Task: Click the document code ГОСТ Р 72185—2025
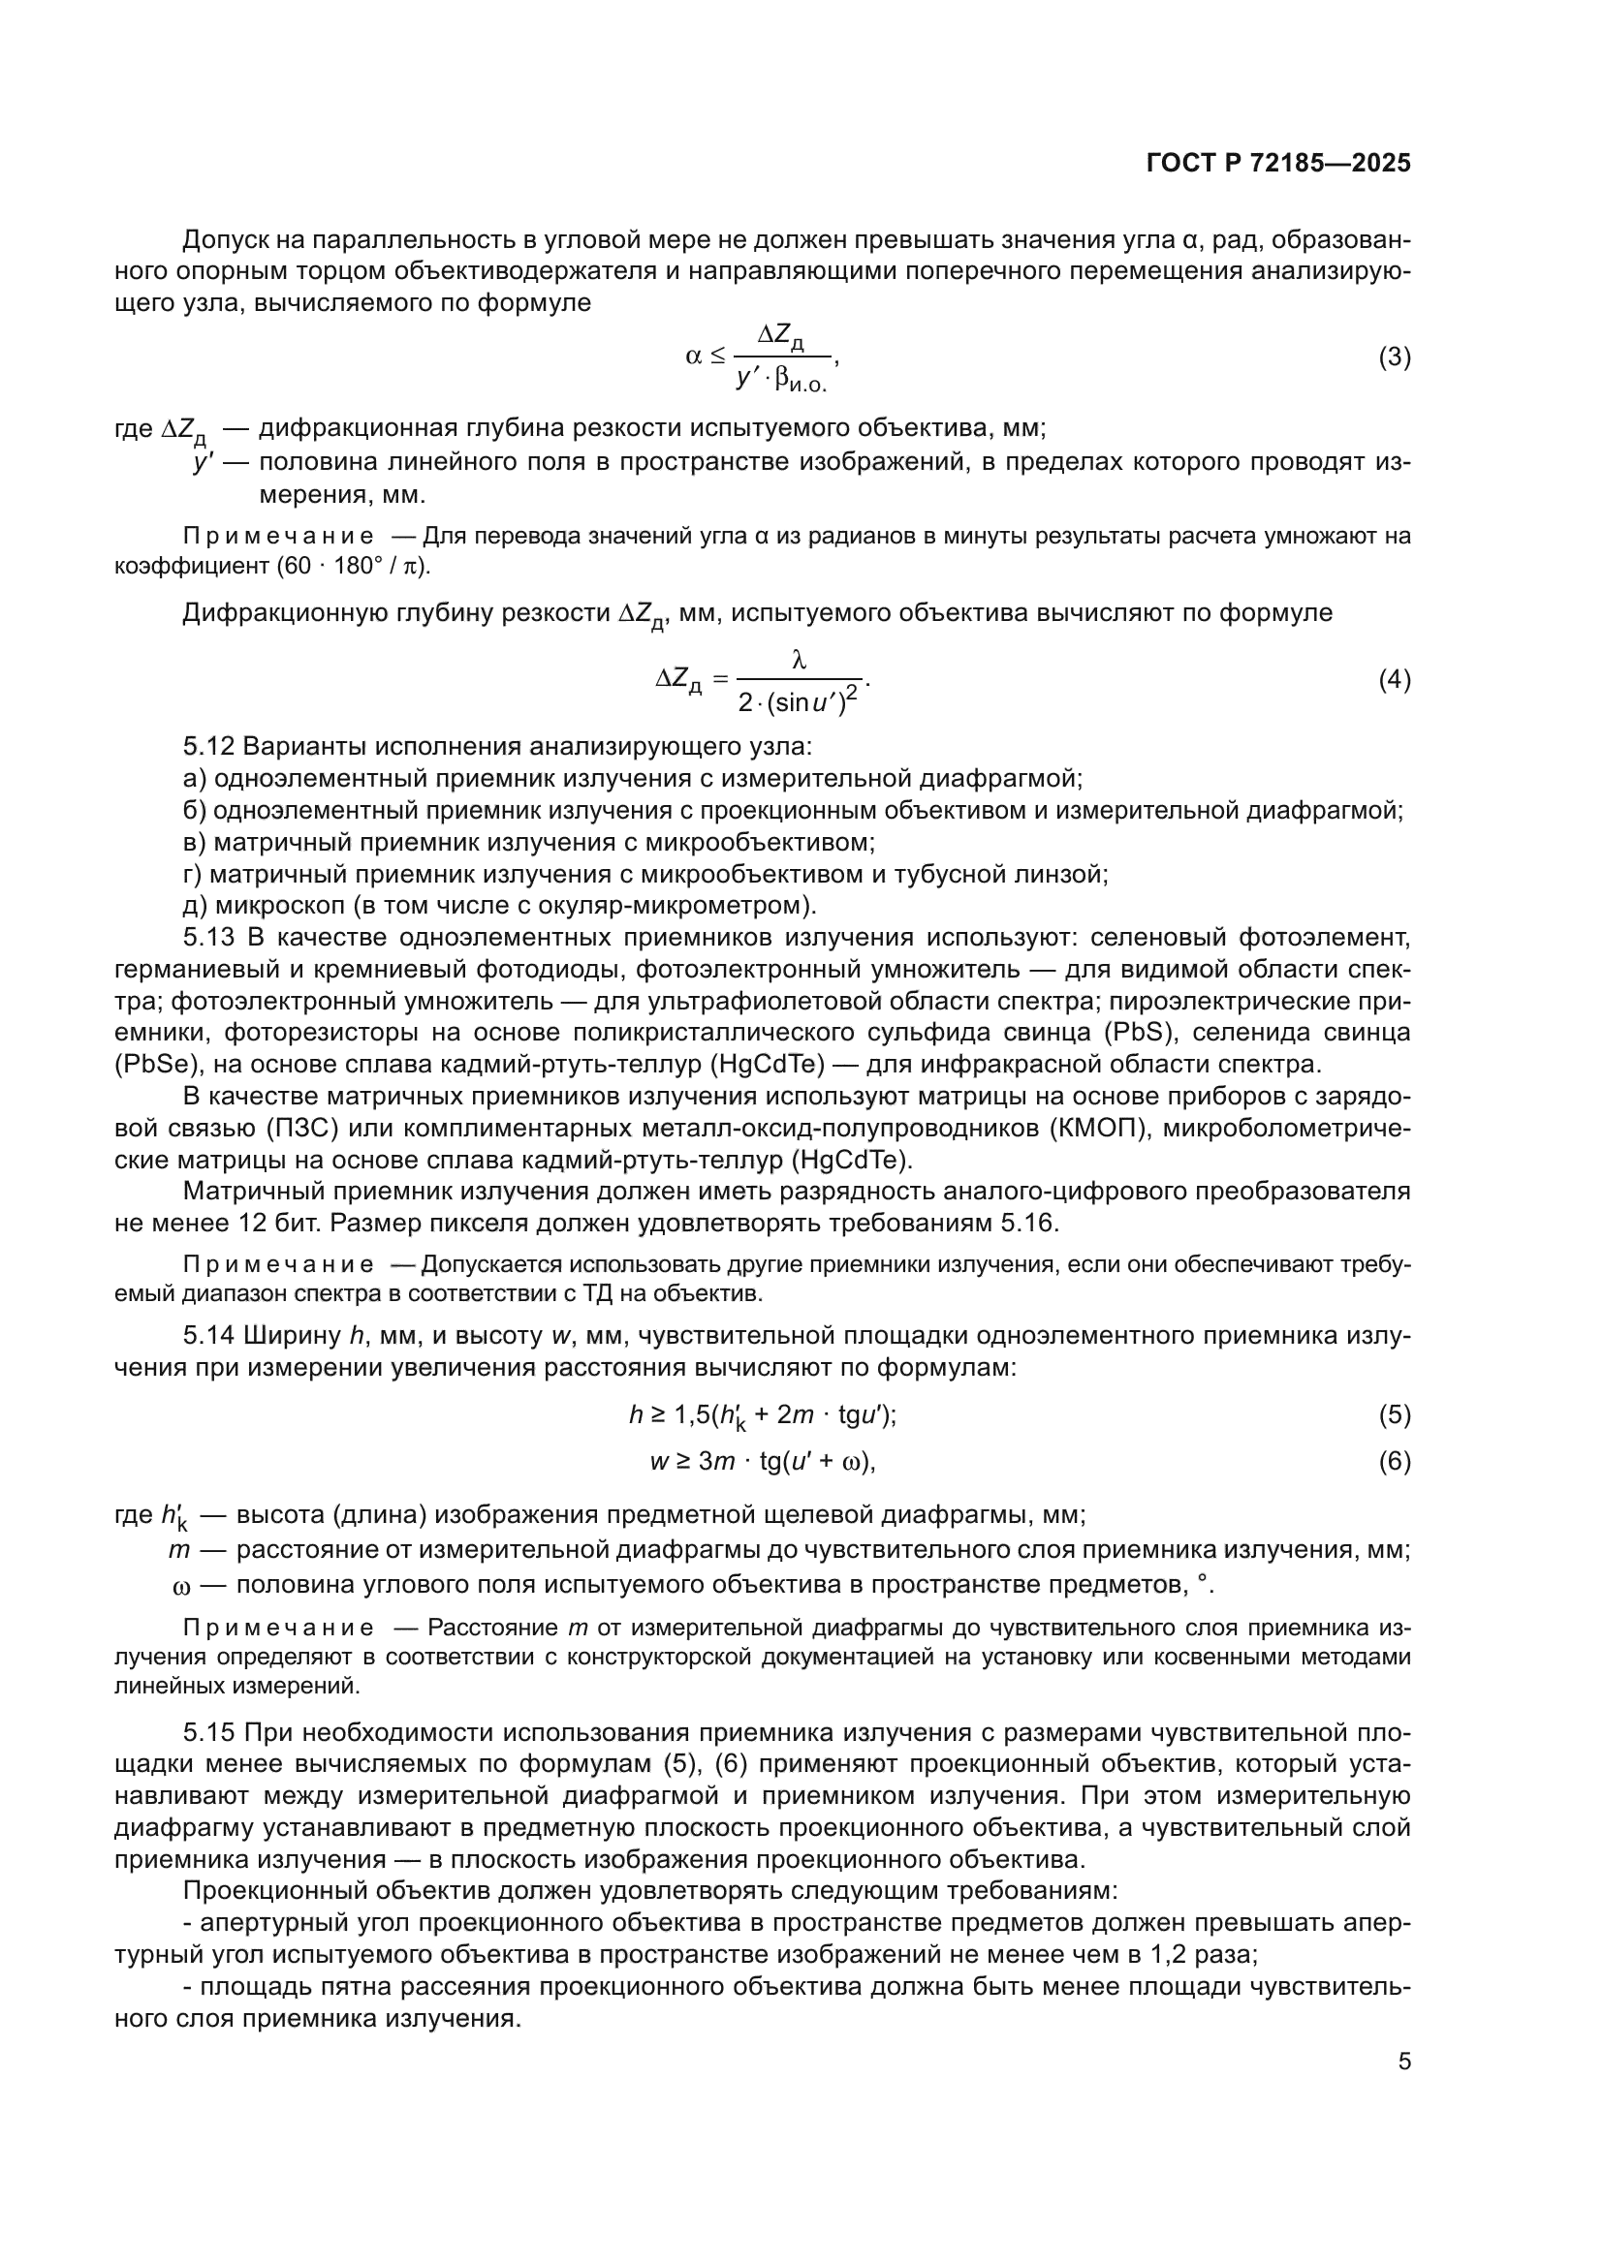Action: (1278, 164)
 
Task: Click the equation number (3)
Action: (1394, 357)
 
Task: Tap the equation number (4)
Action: (1394, 679)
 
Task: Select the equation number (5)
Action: (1394, 1415)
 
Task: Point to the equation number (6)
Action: (1394, 1461)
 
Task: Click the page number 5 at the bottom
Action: (1403, 2062)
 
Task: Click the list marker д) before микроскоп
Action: (195, 904)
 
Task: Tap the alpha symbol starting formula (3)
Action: (694, 357)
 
